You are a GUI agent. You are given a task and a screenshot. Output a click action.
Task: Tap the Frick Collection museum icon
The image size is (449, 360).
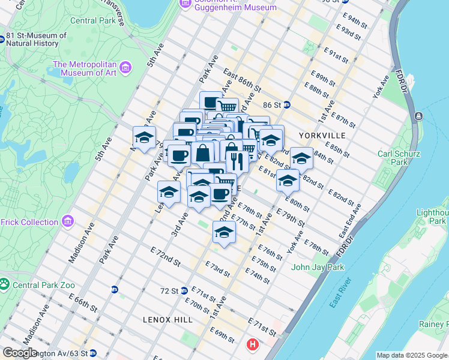[x=67, y=222]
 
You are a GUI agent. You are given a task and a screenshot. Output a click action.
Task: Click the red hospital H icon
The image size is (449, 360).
[x=253, y=345]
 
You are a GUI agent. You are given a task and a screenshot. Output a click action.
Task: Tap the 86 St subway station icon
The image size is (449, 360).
[x=287, y=104]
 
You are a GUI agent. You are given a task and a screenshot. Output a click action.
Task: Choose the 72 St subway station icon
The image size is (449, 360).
[x=185, y=290]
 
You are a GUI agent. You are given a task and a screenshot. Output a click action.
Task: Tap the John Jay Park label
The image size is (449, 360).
[x=316, y=267]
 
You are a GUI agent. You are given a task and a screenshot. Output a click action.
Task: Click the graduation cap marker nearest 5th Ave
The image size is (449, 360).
[x=144, y=139]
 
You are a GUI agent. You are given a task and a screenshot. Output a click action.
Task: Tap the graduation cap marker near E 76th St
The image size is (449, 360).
[x=224, y=233]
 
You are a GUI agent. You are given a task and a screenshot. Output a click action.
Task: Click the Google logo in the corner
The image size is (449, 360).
[x=20, y=353]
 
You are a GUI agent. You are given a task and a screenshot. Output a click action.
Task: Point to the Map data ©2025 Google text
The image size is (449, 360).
[x=412, y=355]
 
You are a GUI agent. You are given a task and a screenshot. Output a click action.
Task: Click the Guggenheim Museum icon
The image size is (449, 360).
[x=185, y=4]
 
